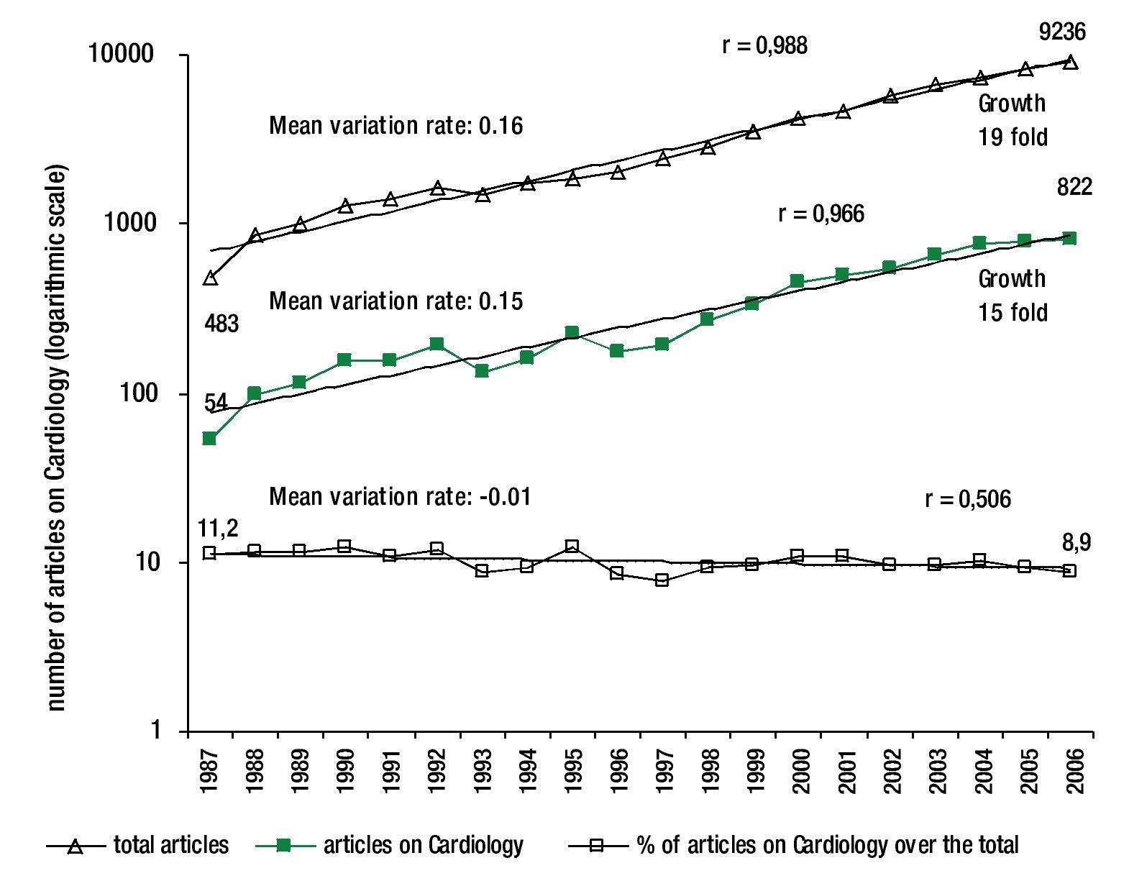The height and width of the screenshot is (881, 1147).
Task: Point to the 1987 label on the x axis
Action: pos(209,770)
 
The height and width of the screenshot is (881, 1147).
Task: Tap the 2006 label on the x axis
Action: pos(1075,770)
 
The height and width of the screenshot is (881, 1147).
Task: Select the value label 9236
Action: pos(1062,32)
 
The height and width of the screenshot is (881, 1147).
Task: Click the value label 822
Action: pos(1074,187)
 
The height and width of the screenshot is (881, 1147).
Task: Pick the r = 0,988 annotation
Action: pos(764,45)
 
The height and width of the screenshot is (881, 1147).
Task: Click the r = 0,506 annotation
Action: pos(967,498)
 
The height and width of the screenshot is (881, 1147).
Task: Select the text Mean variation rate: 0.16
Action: pos(396,126)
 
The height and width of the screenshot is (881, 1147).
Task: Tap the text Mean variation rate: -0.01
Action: pos(400,497)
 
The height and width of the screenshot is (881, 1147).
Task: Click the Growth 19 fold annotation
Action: pos(1012,120)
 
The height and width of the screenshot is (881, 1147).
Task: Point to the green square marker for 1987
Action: pos(209,439)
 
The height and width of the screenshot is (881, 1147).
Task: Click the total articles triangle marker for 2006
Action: pos(1070,63)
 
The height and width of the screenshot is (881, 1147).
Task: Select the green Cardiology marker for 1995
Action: pos(572,333)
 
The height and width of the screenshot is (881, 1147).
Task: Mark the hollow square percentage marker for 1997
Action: pos(662,580)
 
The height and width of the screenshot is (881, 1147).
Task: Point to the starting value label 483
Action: pos(221,324)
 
